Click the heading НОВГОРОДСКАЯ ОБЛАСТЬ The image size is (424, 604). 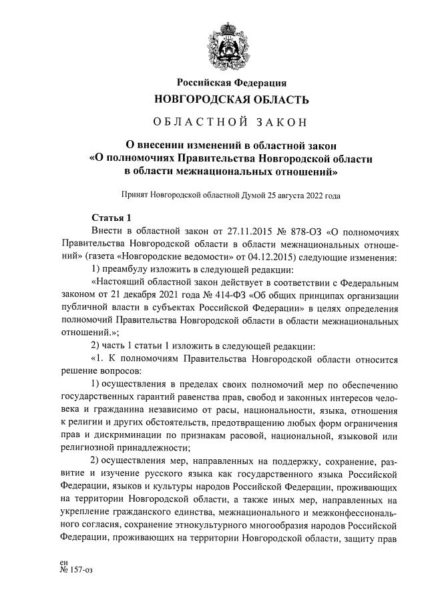click(x=231, y=100)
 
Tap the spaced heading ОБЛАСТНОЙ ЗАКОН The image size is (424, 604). click(x=231, y=122)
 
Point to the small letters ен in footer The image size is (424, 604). click(x=64, y=563)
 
